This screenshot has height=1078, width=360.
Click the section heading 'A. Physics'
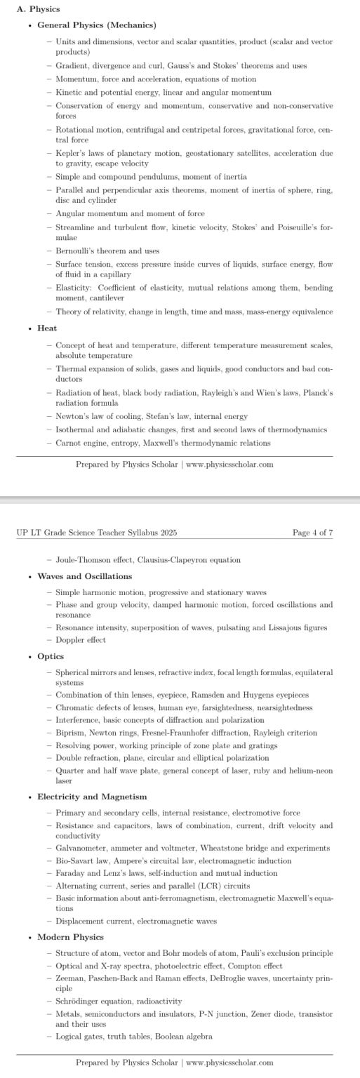38,9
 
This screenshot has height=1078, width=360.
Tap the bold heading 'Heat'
47,328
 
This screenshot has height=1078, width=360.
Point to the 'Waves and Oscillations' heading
84,576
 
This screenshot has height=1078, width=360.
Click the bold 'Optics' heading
51,656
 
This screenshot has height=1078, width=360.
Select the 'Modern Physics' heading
70,937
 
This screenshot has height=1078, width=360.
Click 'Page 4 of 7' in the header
312,533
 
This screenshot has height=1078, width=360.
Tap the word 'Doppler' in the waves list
69,640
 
